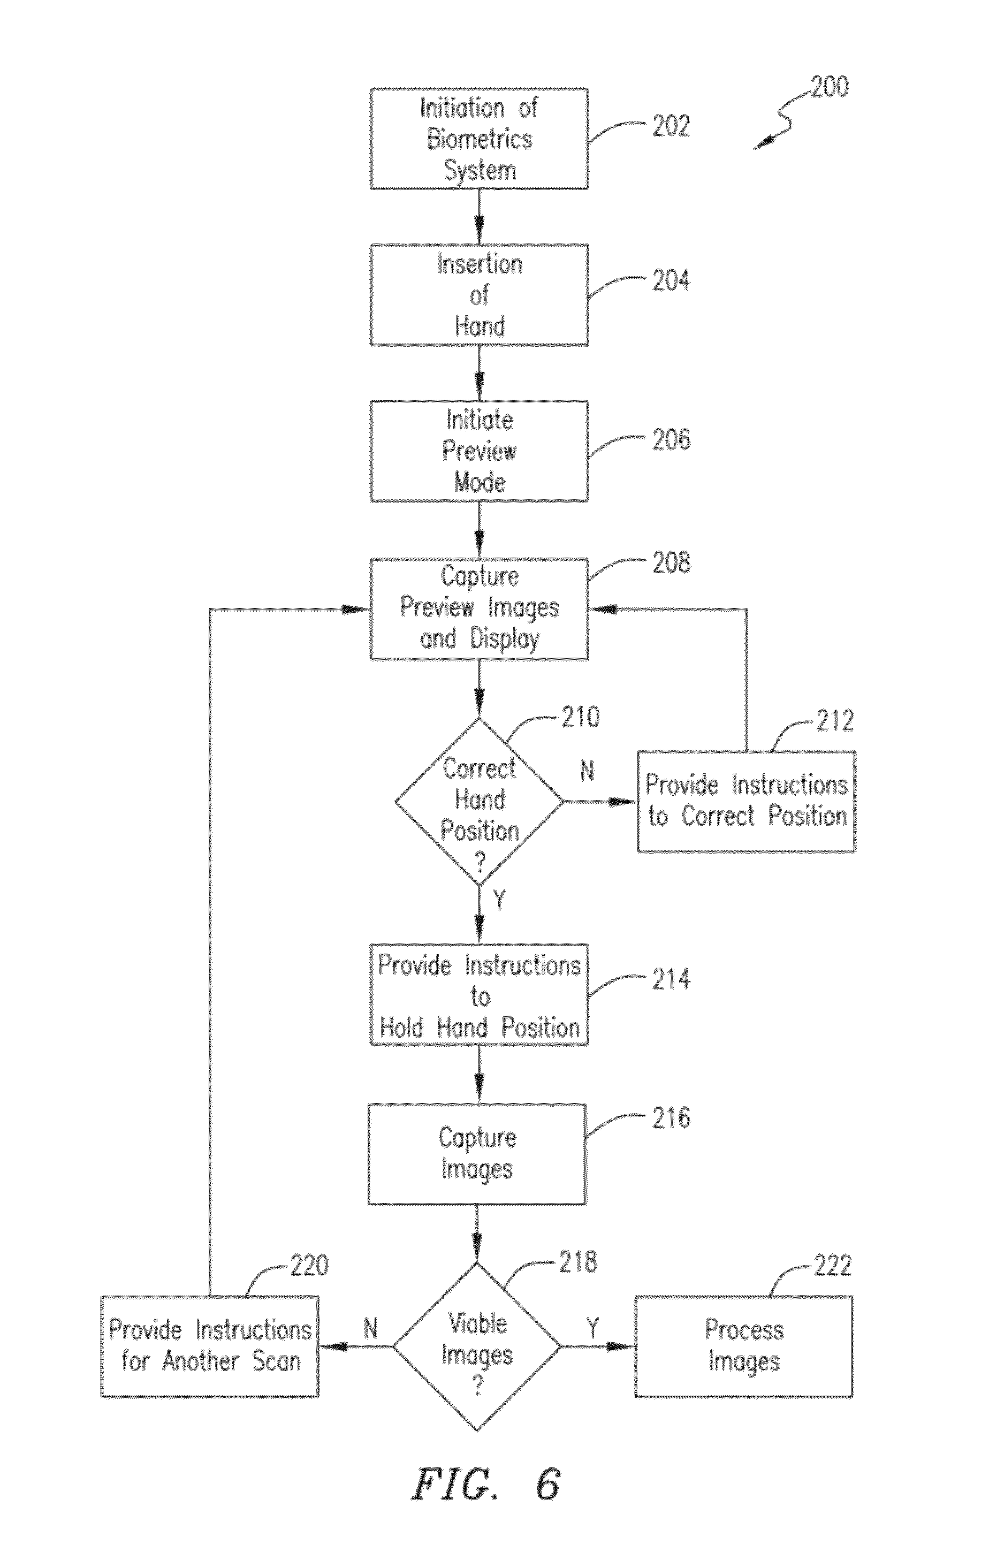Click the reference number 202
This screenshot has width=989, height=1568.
pyautogui.click(x=671, y=126)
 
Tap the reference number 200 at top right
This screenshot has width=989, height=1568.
pyautogui.click(x=830, y=87)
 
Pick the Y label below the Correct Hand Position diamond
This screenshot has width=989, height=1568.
pyautogui.click(x=499, y=901)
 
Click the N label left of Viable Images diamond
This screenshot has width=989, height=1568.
pyautogui.click(x=370, y=1328)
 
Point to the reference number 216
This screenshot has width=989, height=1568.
pyautogui.click(x=671, y=1118)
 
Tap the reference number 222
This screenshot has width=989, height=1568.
pyautogui.click(x=832, y=1265)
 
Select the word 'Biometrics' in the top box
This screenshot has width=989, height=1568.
pyautogui.click(x=479, y=139)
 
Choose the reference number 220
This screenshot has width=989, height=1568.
pyautogui.click(x=309, y=1265)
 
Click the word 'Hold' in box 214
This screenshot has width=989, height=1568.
pyautogui.click(x=401, y=1027)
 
